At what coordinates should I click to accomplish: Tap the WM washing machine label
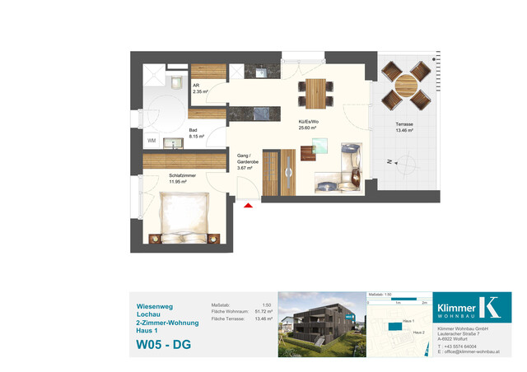tap(152, 142)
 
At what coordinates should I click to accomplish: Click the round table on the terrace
tap(408, 86)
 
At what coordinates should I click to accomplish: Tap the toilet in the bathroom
tap(176, 81)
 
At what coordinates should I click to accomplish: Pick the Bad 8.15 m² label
tap(194, 135)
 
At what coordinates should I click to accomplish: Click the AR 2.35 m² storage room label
tap(199, 88)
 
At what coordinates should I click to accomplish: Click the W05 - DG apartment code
tap(163, 344)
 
